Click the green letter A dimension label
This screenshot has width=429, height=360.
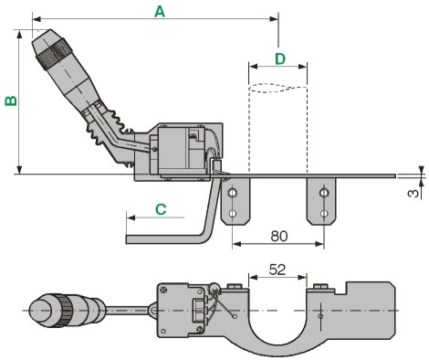tap(160, 12)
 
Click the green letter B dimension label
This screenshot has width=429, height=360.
tap(11, 101)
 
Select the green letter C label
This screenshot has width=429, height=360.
tap(161, 209)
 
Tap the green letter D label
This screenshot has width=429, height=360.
tap(280, 58)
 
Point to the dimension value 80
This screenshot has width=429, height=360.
tap(279, 236)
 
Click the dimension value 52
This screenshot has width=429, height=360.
tap(277, 270)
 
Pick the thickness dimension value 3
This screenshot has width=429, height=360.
tap(413, 193)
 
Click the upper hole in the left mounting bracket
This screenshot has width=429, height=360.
tap(233, 193)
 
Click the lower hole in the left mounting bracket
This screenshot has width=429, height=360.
tap(233, 213)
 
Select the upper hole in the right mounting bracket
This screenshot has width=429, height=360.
tap(324, 193)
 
